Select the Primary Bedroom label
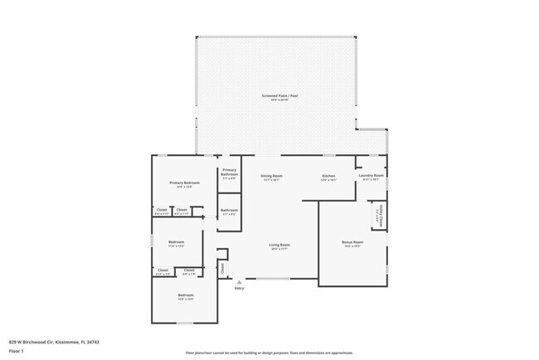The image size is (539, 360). click(x=185, y=182)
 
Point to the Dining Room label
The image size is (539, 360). click(x=273, y=176)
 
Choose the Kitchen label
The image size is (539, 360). click(x=328, y=176)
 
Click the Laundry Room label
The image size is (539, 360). click(x=371, y=176)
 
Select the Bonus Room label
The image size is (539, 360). click(x=352, y=242)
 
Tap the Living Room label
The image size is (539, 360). click(x=279, y=244)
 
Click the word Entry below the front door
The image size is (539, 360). click(x=239, y=288)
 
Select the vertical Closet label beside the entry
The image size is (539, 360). click(x=222, y=267)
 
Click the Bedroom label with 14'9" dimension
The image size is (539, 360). click(x=185, y=294)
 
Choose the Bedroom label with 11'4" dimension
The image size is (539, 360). click(x=176, y=242)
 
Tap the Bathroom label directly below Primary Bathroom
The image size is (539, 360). click(x=229, y=210)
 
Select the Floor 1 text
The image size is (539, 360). click(x=17, y=350)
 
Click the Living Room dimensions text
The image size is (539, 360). click(x=279, y=248)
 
